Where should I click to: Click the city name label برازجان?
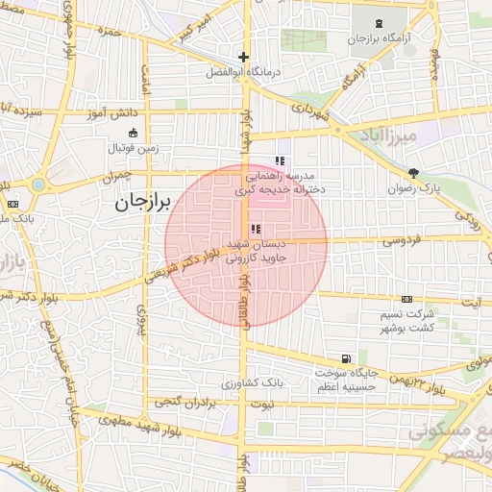(x=141, y=203)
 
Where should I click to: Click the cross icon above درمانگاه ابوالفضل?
(x=243, y=57)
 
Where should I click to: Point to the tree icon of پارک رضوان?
(x=413, y=173)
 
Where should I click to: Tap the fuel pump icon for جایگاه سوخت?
(x=346, y=358)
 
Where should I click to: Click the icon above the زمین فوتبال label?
(x=132, y=134)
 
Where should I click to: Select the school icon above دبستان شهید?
(x=255, y=229)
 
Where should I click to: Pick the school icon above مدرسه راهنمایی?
(x=280, y=160)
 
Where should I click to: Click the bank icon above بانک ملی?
(x=12, y=204)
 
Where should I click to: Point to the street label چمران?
(x=115, y=177)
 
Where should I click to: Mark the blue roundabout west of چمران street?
(x=38, y=183)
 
